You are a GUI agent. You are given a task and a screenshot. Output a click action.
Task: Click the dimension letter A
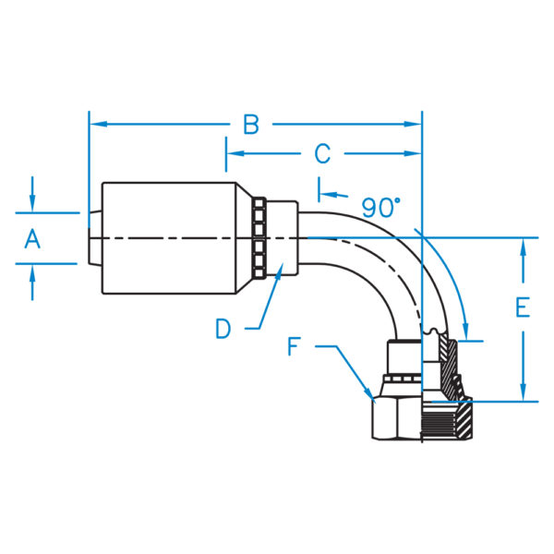pos(32,239)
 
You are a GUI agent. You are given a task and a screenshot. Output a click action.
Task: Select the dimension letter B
pos(251,124)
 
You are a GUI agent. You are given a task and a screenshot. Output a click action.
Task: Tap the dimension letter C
pos(322,152)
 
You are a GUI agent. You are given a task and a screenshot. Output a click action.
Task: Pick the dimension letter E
pos(523,307)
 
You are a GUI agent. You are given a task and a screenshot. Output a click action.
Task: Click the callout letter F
pos(294,347)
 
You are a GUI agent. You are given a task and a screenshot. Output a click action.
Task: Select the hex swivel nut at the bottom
pos(397,418)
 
